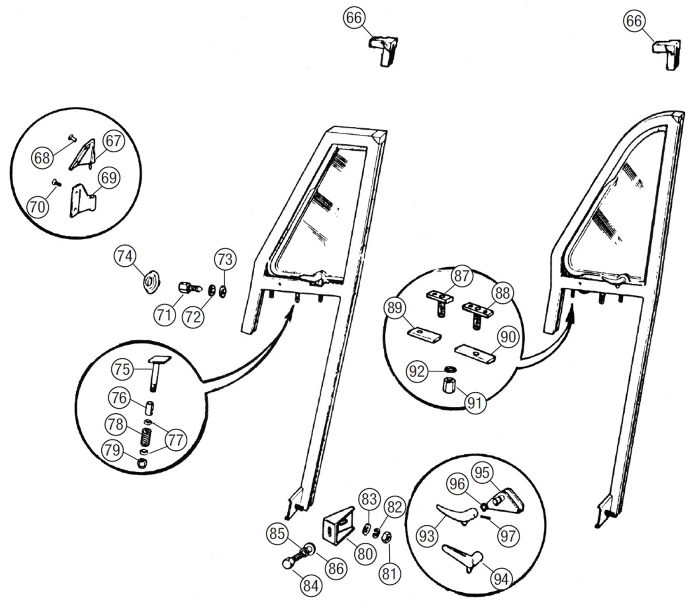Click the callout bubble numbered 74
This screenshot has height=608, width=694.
point(125,256)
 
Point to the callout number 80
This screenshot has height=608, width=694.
point(365,554)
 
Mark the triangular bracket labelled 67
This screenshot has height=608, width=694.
point(83,154)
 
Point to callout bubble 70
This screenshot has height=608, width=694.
point(38,207)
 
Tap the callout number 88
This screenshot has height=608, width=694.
point(502,293)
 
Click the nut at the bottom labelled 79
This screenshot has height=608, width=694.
point(142,463)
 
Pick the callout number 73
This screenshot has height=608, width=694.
point(225,259)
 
